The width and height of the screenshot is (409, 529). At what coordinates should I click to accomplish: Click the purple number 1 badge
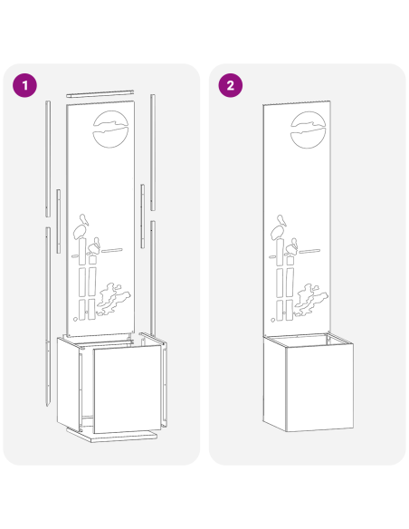25,85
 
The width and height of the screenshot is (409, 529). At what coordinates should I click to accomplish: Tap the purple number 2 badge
231,85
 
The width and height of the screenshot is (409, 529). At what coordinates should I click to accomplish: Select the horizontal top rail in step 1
100,93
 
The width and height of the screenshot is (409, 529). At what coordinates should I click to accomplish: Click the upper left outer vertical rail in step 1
48,159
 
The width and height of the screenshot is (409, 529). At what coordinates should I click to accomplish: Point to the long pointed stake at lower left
48,316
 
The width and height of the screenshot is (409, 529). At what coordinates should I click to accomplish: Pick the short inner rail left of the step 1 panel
58,221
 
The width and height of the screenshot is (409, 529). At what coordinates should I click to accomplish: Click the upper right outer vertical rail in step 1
153,152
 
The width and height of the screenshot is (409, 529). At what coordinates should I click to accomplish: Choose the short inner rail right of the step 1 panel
142,216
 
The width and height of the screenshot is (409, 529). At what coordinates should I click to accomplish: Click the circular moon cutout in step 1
110,130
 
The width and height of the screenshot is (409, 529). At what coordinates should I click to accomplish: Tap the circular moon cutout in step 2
308,130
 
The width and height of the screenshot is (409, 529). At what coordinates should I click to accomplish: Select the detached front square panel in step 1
128,389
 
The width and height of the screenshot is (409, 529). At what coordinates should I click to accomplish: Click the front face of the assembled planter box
319,388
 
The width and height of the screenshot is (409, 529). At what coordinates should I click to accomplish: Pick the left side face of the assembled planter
274,383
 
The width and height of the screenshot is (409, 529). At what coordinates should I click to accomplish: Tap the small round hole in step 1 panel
75,319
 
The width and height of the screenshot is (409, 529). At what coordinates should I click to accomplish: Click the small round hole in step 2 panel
273,320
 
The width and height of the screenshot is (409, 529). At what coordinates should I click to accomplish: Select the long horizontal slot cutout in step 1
112,250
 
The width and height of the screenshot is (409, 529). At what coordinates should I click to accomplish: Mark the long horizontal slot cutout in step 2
309,251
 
